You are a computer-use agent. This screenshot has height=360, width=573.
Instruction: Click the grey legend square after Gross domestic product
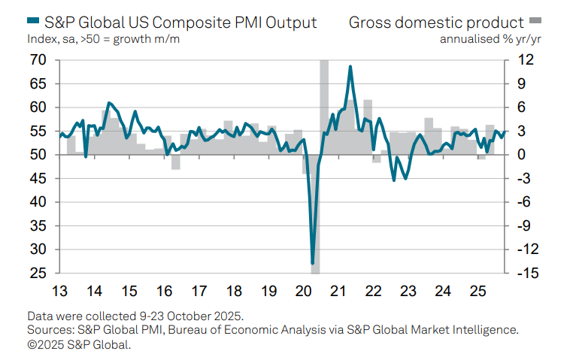[x=535, y=20]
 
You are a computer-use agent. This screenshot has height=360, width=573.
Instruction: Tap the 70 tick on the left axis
[x=38, y=60]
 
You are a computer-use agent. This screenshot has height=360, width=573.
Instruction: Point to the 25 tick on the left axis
[x=38, y=273]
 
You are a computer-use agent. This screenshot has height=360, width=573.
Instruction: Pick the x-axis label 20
[x=304, y=291]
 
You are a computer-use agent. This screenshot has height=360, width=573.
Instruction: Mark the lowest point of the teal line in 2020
[x=313, y=264]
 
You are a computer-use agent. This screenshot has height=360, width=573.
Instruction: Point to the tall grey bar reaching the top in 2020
[x=324, y=105]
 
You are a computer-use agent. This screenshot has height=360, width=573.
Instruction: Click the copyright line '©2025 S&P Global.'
[x=79, y=344]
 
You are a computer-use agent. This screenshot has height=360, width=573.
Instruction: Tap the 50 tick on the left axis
[x=38, y=155]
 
